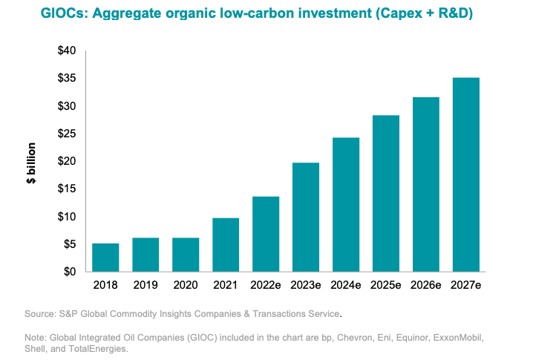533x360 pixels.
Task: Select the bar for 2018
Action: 105,258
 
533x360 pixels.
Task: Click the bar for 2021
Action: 226,245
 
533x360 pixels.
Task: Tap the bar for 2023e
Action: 306,217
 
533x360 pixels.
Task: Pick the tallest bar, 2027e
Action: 466,174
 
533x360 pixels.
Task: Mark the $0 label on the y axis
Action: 70,272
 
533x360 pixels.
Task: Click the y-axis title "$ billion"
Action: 33,161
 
